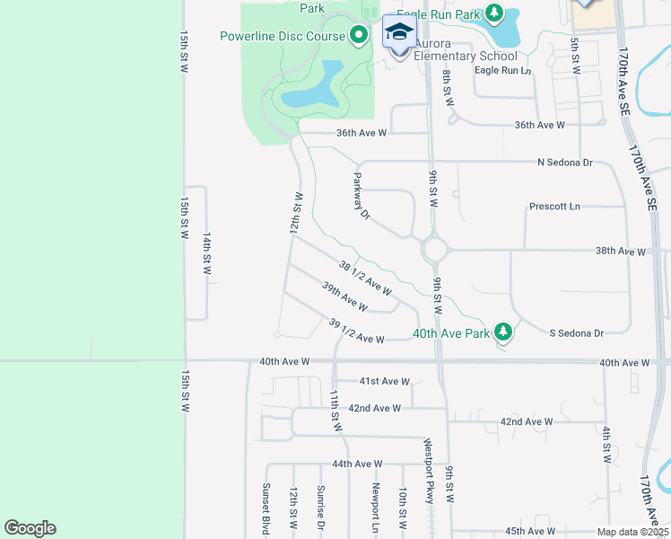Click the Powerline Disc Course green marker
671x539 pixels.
[x=359, y=36]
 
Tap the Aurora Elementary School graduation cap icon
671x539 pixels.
[x=398, y=33]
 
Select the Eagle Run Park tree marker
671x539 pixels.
[x=494, y=13]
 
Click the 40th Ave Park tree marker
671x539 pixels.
[x=503, y=332]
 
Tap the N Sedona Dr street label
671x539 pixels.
[x=564, y=163]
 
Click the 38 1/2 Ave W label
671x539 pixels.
[x=365, y=278]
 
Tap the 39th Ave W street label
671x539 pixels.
[x=344, y=296]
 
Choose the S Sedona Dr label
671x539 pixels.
[x=576, y=333]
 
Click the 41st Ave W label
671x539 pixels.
[x=384, y=381]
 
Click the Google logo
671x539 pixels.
[x=30, y=528]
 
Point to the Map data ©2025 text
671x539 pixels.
[x=632, y=532]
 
